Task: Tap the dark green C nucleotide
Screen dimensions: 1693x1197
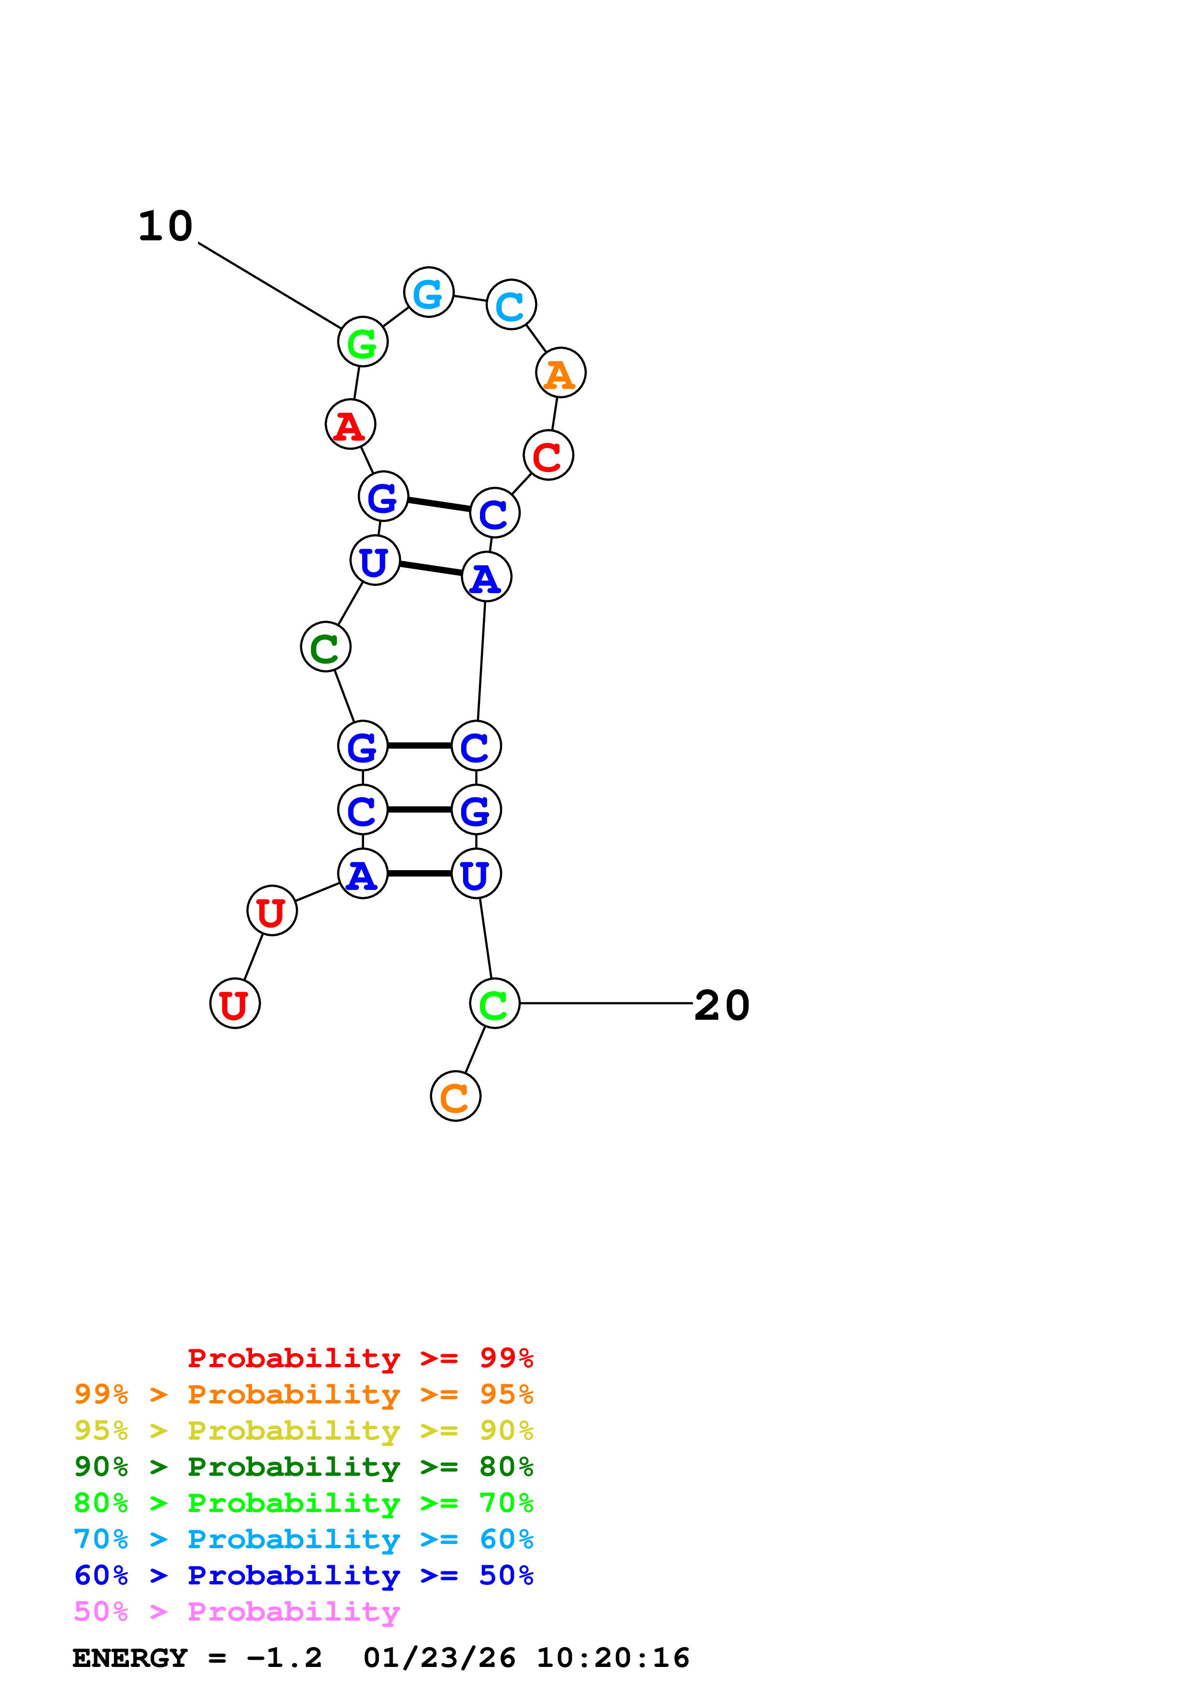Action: (325, 647)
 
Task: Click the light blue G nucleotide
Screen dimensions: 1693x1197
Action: (428, 293)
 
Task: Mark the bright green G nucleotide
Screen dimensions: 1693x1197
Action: (362, 342)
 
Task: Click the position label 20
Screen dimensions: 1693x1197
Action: (722, 1006)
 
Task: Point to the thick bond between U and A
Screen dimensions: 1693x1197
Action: (431, 569)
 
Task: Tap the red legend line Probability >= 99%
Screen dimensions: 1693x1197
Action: (360, 1358)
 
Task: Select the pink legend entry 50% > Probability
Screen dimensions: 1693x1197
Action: (237, 1612)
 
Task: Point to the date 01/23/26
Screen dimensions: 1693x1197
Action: (439, 1658)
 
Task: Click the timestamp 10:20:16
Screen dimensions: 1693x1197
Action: (613, 1658)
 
